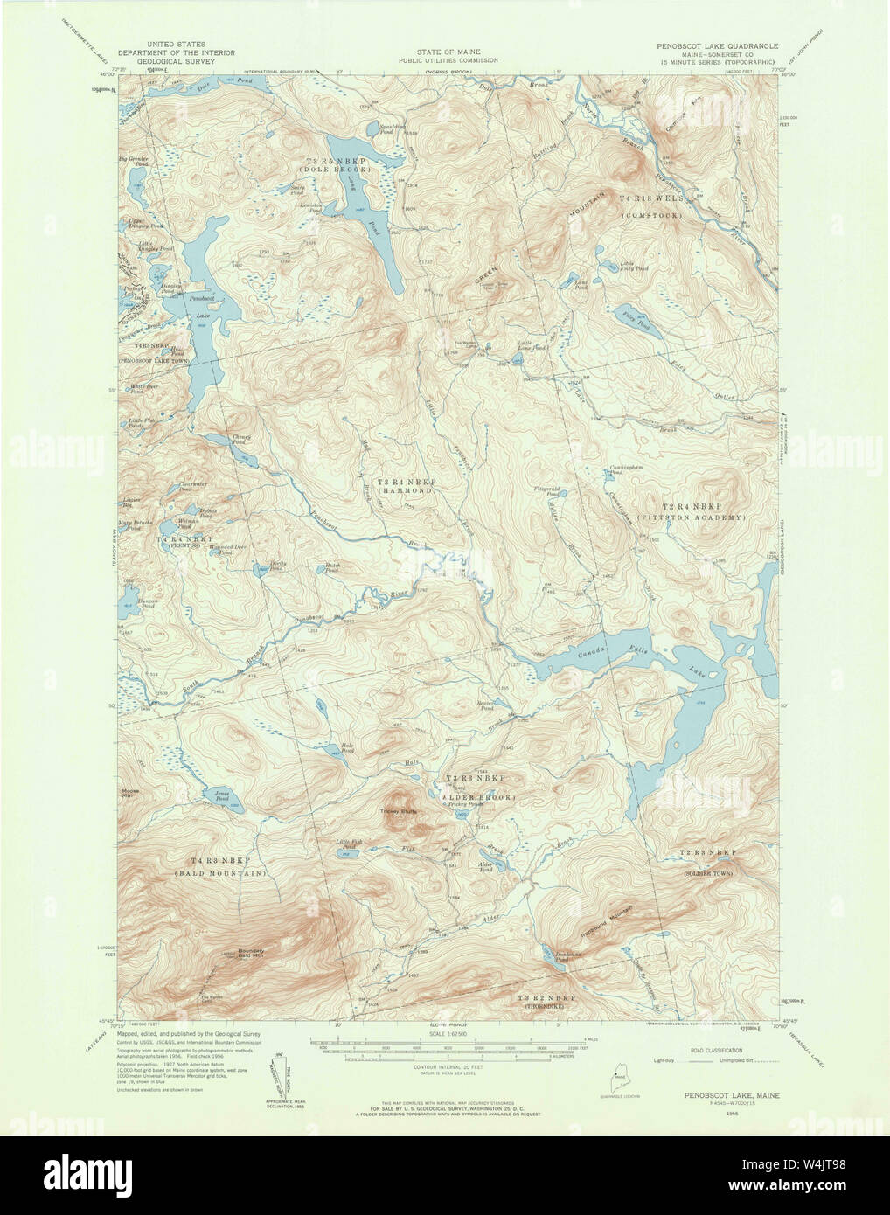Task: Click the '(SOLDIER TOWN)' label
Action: pos(708,872)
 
